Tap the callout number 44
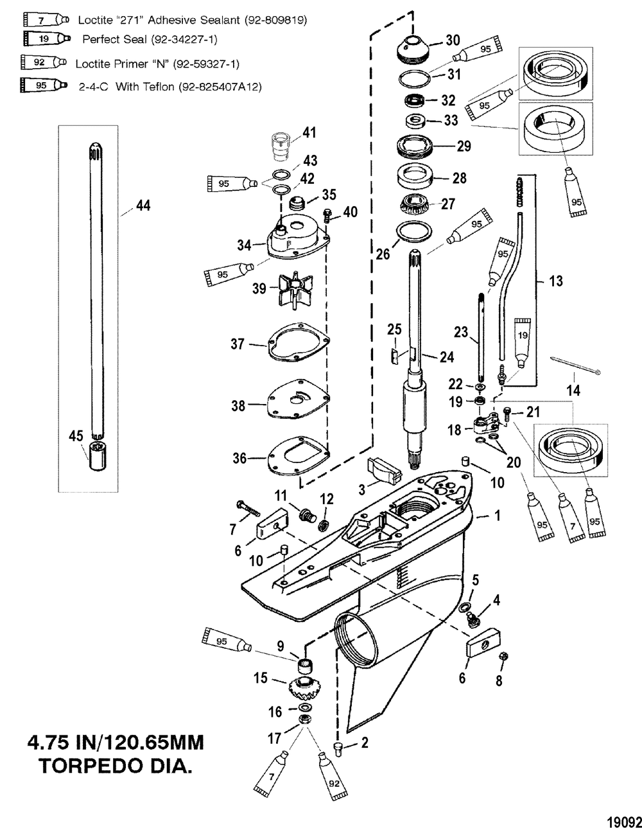coord(143,206)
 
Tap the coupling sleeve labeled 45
coord(98,455)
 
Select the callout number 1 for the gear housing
coord(497,515)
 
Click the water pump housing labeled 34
coord(298,238)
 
